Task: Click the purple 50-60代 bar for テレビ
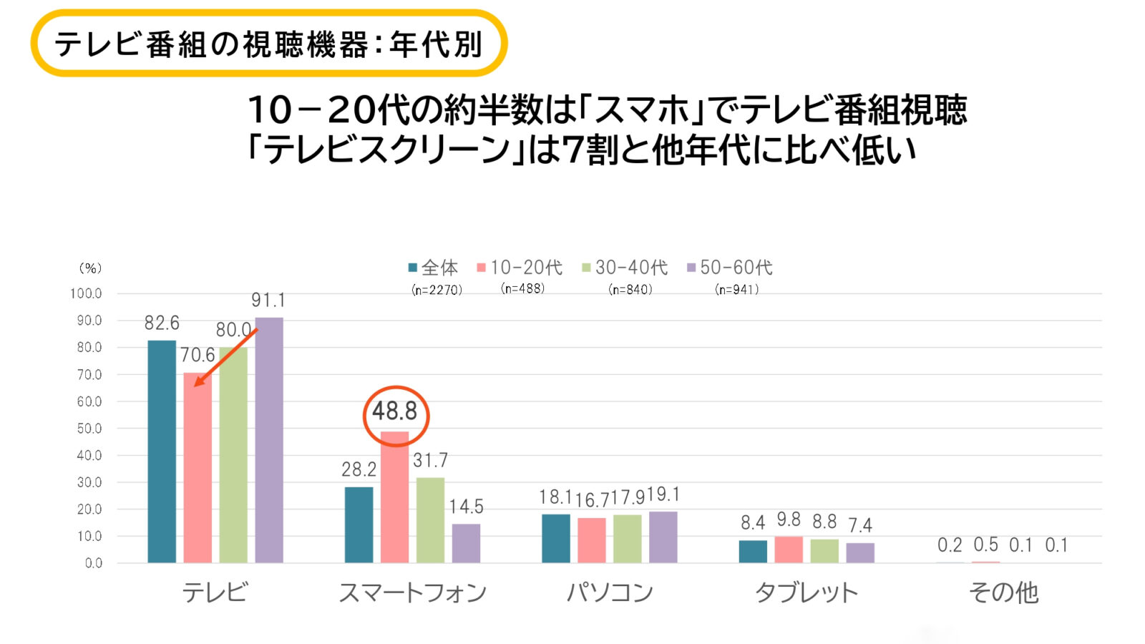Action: coord(269,440)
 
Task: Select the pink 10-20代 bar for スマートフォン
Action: coord(394,497)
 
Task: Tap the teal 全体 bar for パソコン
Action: coord(555,538)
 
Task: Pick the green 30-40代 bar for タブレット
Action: coord(824,551)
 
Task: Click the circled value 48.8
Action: coord(394,411)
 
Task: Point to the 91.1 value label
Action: coord(268,301)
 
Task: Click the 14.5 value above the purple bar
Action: coord(466,507)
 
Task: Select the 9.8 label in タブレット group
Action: coord(788,520)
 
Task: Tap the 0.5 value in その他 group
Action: coord(985,545)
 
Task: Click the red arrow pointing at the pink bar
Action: coord(225,358)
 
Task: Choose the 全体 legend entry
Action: coord(433,268)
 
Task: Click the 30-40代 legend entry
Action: coord(625,268)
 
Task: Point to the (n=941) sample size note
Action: coord(736,289)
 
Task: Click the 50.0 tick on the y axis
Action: coord(89,429)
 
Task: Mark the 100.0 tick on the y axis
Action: coord(87,293)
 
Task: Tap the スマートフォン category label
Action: coord(412,592)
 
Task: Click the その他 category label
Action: coord(1003,592)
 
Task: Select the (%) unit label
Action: coord(90,268)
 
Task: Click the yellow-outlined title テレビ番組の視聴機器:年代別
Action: coord(269,44)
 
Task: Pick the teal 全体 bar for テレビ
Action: coord(162,452)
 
